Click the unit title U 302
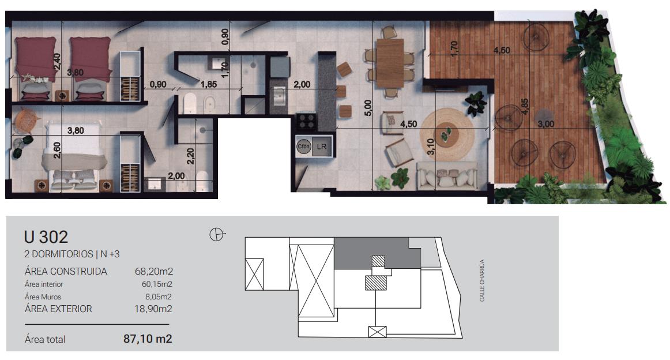click(46, 237)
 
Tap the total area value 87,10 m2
click(148, 339)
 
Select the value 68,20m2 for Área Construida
click(154, 272)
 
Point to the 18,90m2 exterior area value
click(153, 309)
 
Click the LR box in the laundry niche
click(321, 147)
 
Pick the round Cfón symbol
click(303, 147)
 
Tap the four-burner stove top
click(306, 121)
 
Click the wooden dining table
click(390, 63)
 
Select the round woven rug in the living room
click(447, 133)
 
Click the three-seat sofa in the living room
click(446, 176)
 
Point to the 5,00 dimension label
click(368, 108)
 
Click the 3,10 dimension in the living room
click(431, 147)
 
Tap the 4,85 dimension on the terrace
click(525, 107)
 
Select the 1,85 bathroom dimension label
click(209, 85)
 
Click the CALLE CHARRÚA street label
click(482, 280)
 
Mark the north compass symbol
click(217, 235)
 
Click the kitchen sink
click(280, 96)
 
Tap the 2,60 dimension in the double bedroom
click(57, 150)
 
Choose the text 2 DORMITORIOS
click(59, 254)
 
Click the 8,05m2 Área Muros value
click(159, 297)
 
